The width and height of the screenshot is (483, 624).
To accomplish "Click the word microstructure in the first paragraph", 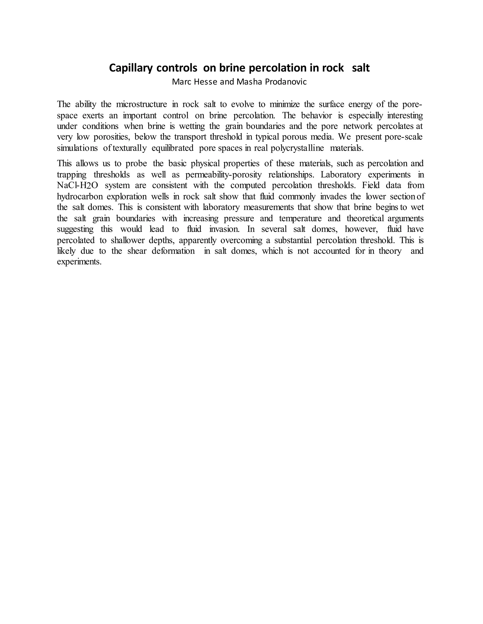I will pyautogui.click(x=141, y=104).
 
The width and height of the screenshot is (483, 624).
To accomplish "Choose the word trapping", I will pyautogui.click(x=71, y=174).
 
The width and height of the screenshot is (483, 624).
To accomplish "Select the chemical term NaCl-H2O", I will pyautogui.click(x=77, y=185).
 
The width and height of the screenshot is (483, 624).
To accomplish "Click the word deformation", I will pyautogui.click(x=173, y=251).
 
